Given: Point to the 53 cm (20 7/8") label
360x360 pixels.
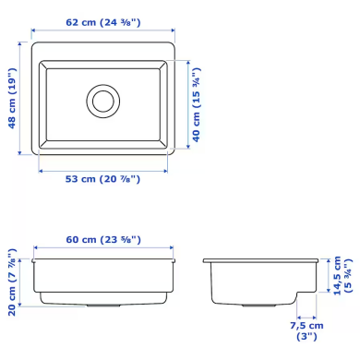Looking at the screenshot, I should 102,180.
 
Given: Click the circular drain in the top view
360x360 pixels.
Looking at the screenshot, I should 102,99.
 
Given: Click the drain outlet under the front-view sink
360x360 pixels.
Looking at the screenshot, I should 102,304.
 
